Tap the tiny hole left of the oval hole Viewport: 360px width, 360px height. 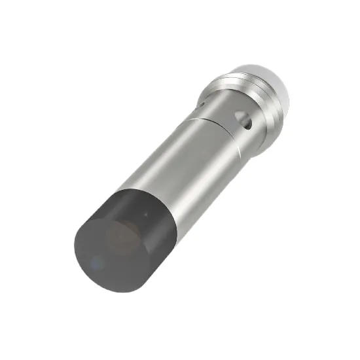point(203,103)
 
